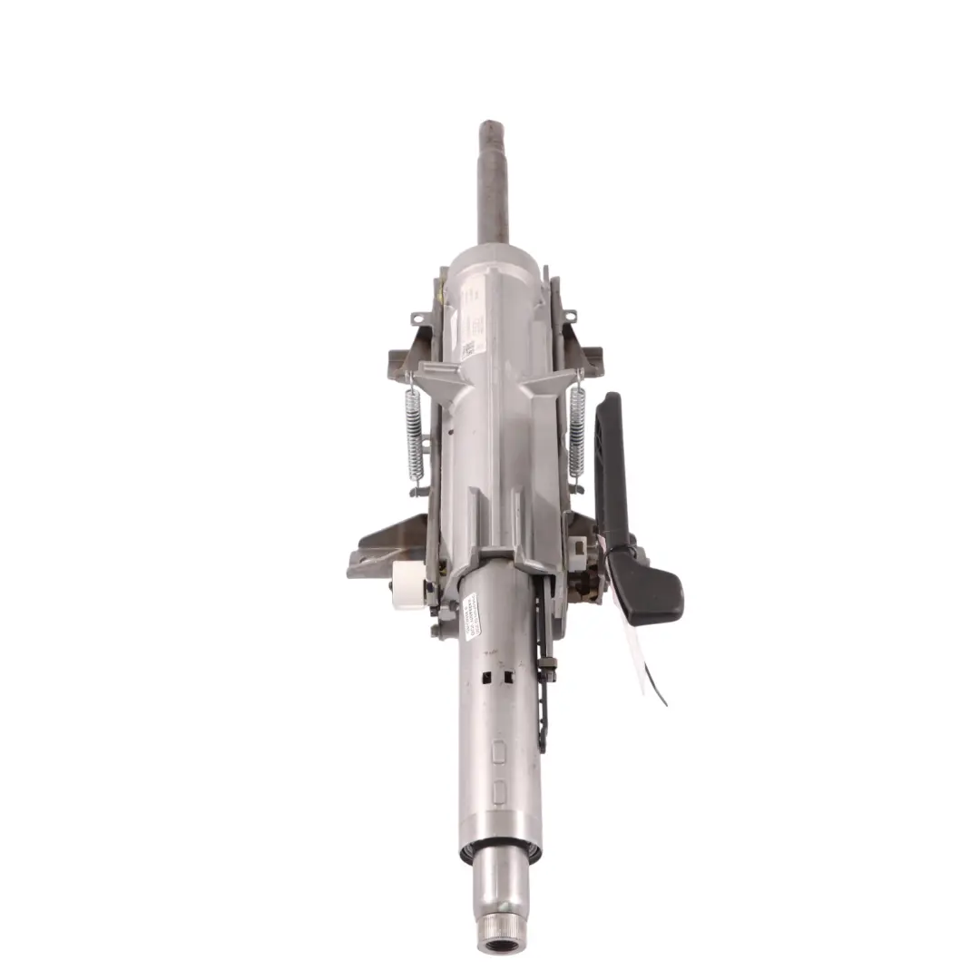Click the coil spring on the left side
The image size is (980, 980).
click(x=414, y=434)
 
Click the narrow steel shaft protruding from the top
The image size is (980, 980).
click(x=494, y=181)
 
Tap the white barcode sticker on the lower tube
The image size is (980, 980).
click(x=470, y=616)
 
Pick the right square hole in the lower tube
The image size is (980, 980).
click(x=508, y=677)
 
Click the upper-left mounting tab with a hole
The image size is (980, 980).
click(x=418, y=318)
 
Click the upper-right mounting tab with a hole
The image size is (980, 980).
click(x=569, y=317)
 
